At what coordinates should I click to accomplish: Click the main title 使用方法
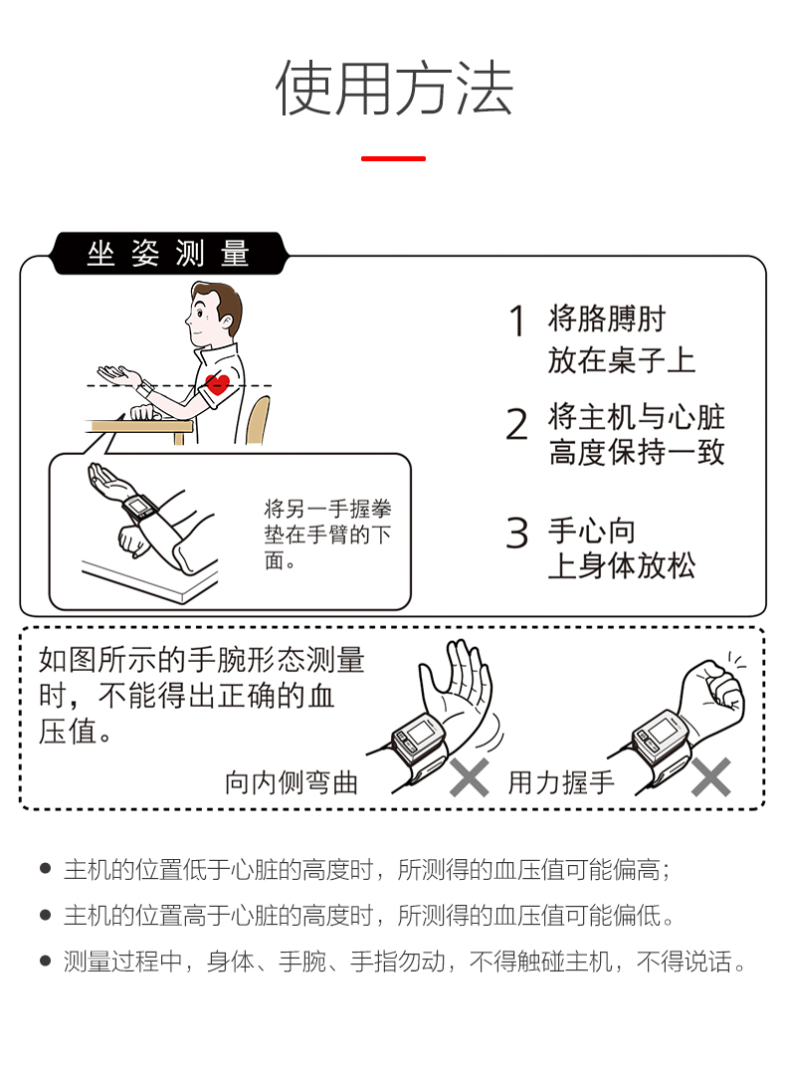(x=393, y=88)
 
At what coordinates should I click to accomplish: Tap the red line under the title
(x=393, y=158)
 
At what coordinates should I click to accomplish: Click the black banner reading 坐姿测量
(x=169, y=254)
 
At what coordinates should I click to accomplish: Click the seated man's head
(x=214, y=315)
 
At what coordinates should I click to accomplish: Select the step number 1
(x=517, y=321)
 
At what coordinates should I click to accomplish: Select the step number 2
(x=517, y=424)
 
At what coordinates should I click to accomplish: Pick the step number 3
(x=517, y=533)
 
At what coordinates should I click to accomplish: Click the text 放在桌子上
(x=621, y=360)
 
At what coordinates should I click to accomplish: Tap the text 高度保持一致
(x=637, y=453)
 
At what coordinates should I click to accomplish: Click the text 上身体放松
(x=621, y=566)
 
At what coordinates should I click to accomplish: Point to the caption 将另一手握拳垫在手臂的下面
(x=327, y=535)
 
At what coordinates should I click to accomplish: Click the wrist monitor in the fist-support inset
(x=139, y=509)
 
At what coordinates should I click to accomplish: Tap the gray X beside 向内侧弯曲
(x=470, y=777)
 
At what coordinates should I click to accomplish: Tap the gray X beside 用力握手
(x=711, y=777)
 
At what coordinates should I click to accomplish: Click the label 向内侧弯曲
(x=292, y=783)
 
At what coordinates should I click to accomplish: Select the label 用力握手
(x=561, y=783)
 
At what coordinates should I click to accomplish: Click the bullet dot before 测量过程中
(x=46, y=961)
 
